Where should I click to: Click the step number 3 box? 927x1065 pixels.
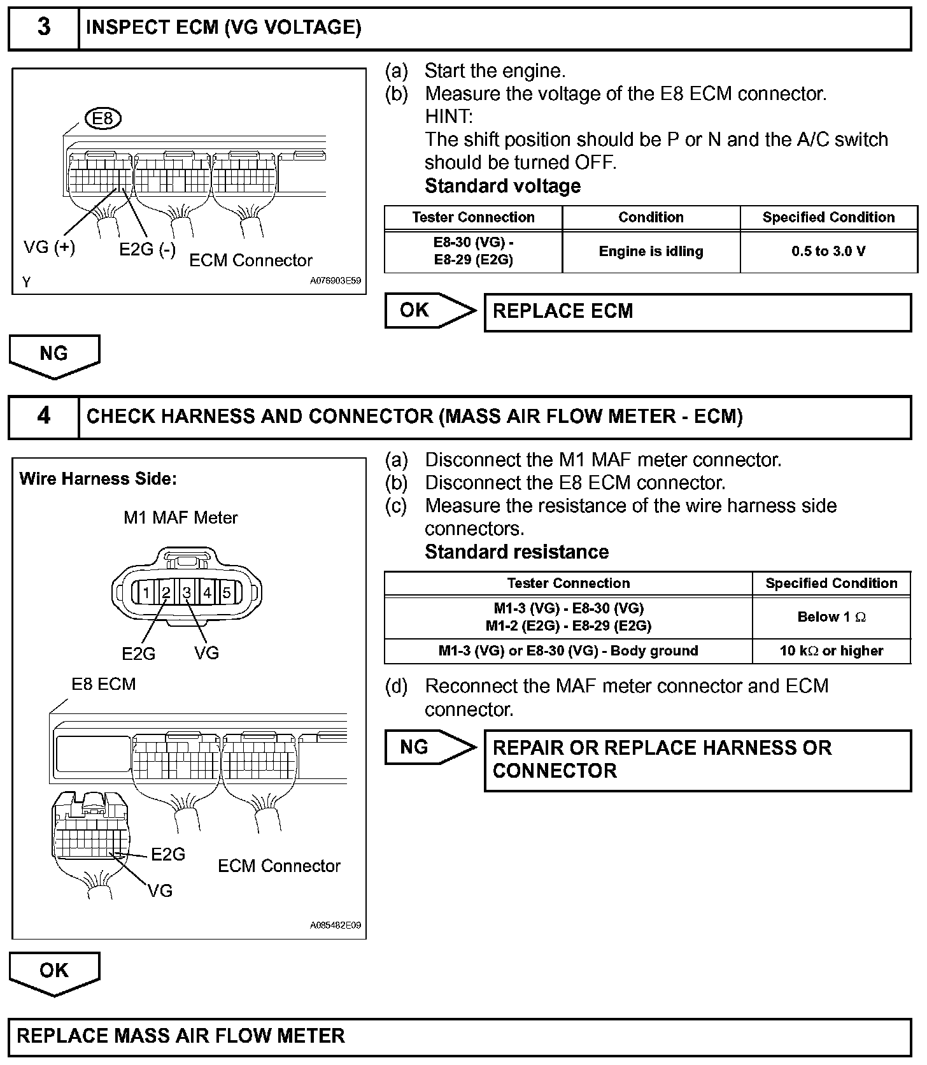pyautogui.click(x=43, y=27)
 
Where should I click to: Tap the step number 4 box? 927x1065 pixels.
pyautogui.click(x=43, y=417)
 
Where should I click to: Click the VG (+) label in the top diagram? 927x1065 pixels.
pyautogui.click(x=49, y=247)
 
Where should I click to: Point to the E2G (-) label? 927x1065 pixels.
pyautogui.click(x=147, y=250)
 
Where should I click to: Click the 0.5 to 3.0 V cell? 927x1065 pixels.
pyautogui.click(x=828, y=252)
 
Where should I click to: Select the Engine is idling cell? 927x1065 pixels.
pyautogui.click(x=651, y=252)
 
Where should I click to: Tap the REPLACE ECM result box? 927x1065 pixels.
pyautogui.click(x=697, y=311)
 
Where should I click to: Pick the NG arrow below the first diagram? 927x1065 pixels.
pyautogui.click(x=54, y=355)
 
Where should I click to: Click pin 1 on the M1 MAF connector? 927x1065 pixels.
pyautogui.click(x=146, y=592)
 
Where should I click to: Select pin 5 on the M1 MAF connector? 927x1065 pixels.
pyautogui.click(x=226, y=592)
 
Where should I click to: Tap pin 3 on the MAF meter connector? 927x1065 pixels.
pyautogui.click(x=187, y=592)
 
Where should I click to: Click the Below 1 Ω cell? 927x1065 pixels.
pyautogui.click(x=831, y=617)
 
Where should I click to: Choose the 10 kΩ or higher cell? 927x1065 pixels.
pyautogui.click(x=831, y=651)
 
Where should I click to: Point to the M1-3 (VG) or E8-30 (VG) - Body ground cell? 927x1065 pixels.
pyautogui.click(x=568, y=651)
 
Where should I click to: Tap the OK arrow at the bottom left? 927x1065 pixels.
pyautogui.click(x=54, y=971)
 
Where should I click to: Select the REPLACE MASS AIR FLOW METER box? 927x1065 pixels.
pyautogui.click(x=460, y=1036)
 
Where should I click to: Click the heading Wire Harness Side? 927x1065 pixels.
pyautogui.click(x=98, y=479)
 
